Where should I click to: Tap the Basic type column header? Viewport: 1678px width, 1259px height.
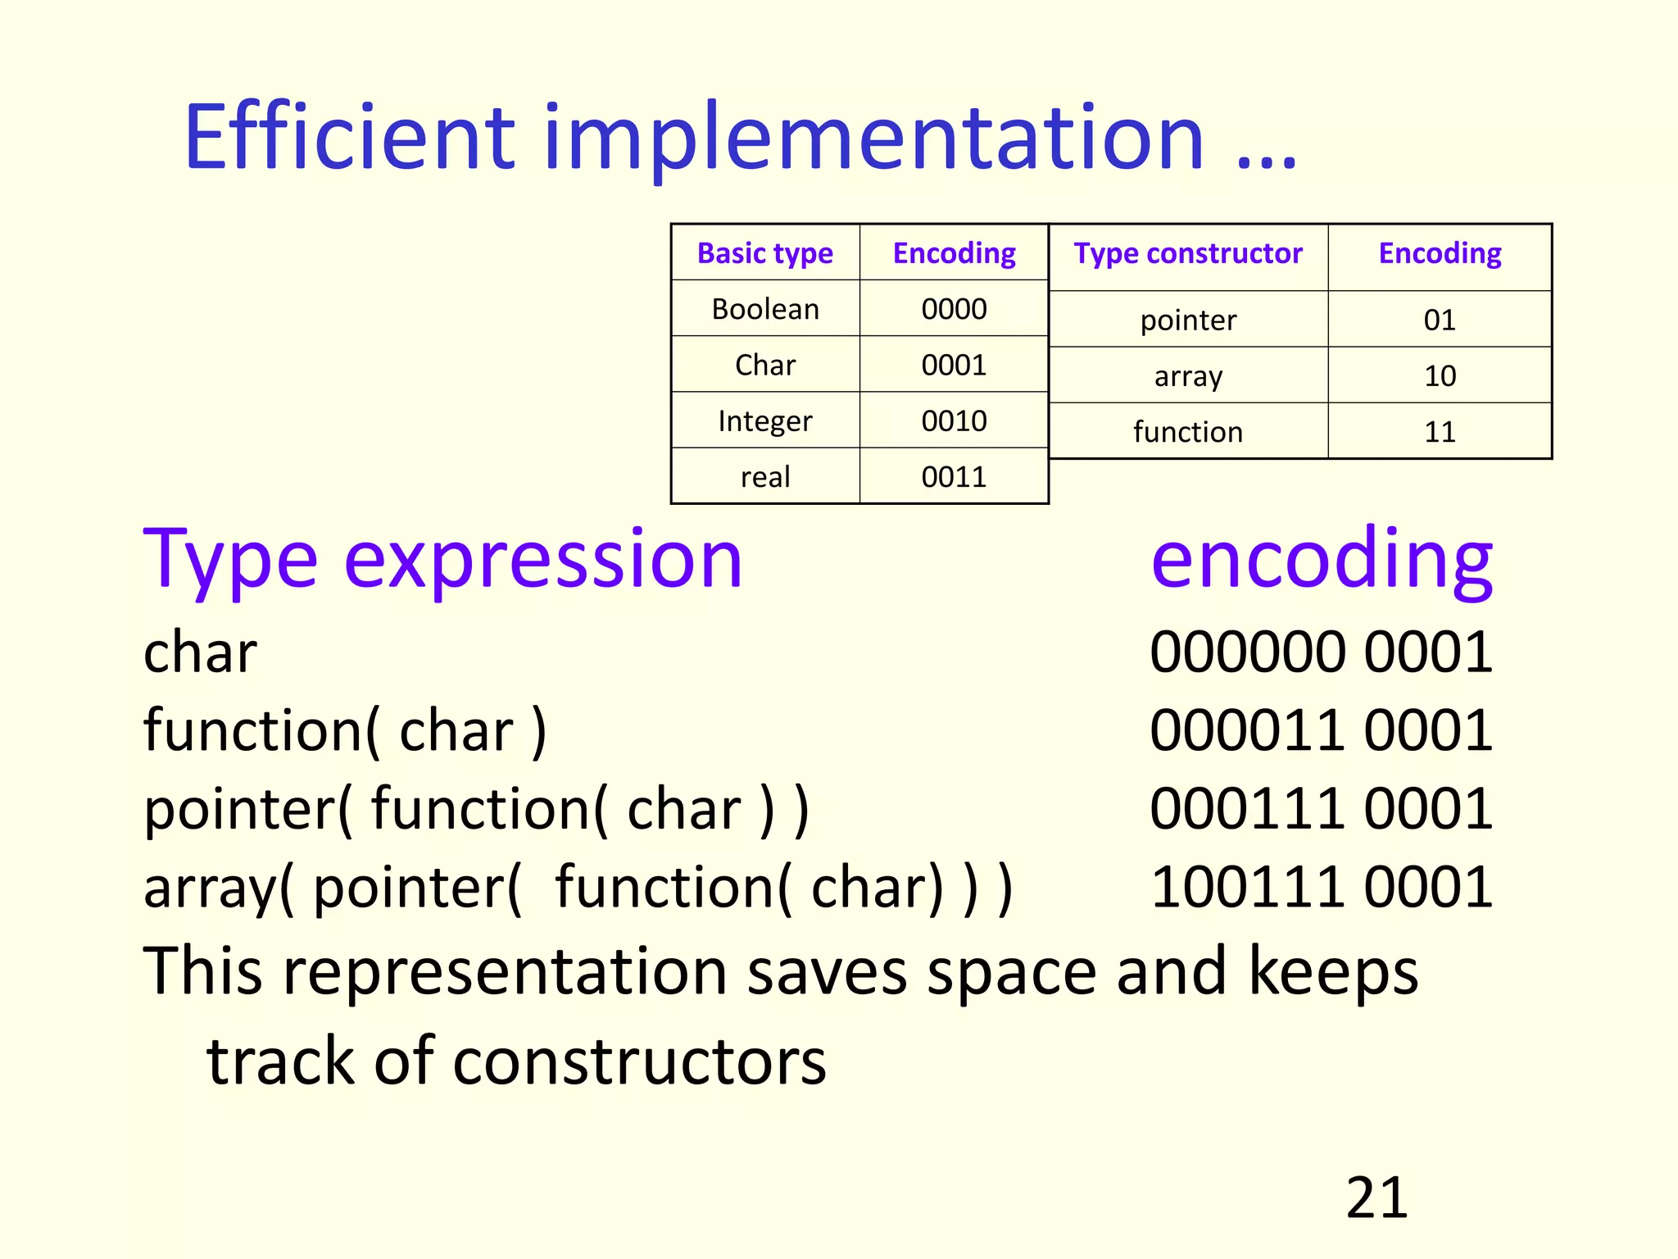(x=764, y=253)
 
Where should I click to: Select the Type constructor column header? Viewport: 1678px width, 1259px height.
(x=1187, y=253)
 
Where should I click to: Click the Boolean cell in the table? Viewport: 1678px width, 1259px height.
(x=764, y=309)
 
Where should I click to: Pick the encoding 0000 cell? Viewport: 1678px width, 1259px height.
(x=954, y=309)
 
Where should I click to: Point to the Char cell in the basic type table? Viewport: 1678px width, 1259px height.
(x=764, y=365)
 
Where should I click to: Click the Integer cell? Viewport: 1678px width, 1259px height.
(x=764, y=420)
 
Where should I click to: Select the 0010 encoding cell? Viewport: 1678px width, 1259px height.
(x=954, y=420)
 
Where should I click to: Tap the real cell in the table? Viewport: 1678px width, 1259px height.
(x=764, y=476)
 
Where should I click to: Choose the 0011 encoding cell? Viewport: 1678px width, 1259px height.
(x=954, y=476)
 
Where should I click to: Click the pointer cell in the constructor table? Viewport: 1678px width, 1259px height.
(x=1187, y=320)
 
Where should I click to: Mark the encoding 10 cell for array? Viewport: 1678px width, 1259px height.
(x=1440, y=375)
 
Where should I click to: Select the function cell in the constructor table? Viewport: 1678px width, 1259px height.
(x=1187, y=431)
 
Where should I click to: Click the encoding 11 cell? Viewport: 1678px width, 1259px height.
(x=1440, y=431)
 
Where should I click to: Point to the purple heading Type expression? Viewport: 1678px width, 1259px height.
(x=442, y=560)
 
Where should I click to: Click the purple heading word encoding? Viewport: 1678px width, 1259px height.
(x=1321, y=560)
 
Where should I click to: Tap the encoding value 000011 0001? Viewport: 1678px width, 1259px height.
(x=1321, y=729)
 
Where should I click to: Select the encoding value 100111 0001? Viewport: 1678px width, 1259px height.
(x=1321, y=887)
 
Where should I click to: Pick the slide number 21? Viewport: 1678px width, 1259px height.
(x=1376, y=1198)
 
